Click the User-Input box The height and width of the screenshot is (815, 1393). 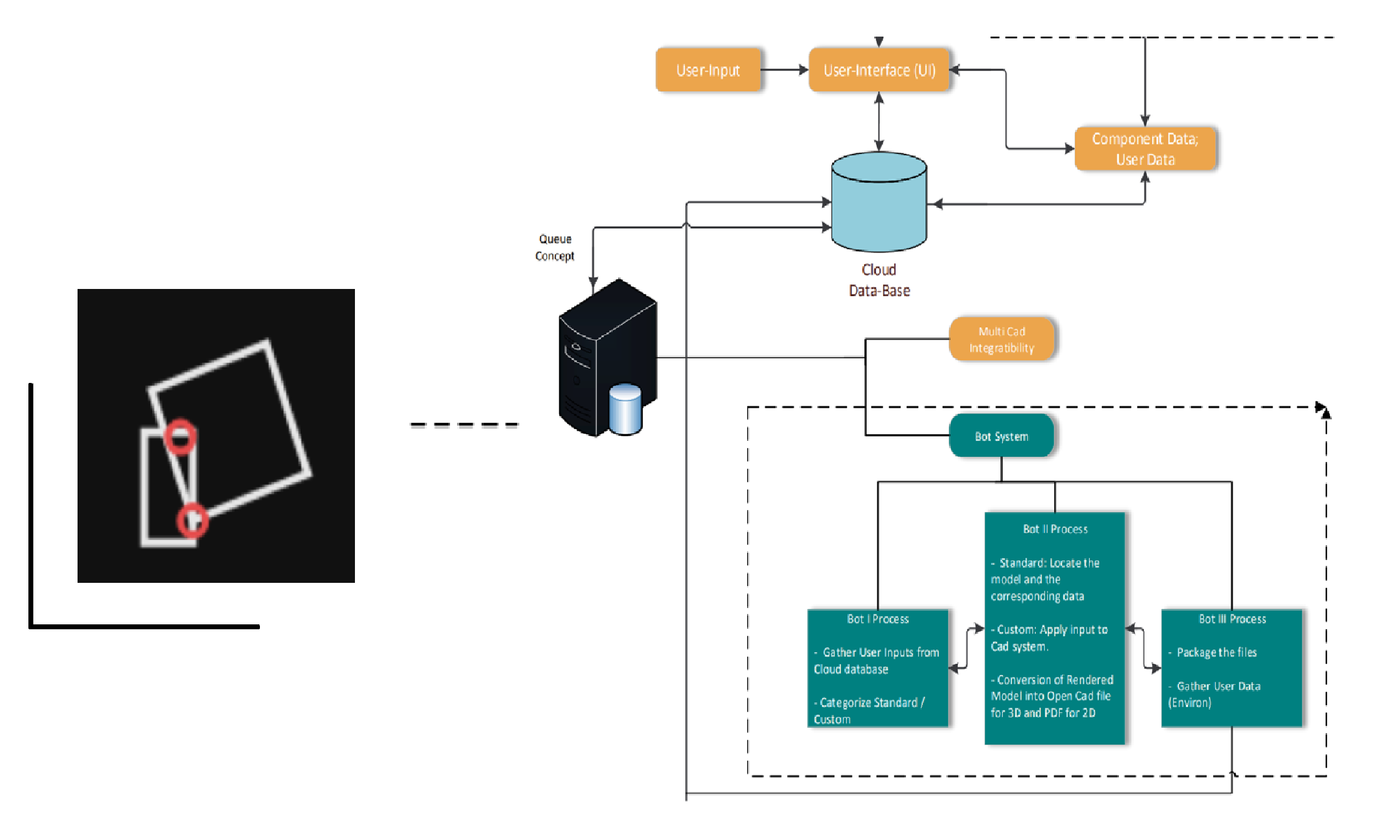(708, 70)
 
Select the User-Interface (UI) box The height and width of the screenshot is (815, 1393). (879, 70)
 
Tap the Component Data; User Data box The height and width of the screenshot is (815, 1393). (1145, 149)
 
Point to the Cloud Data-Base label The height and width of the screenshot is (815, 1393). (879, 280)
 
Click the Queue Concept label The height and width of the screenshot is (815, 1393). (554, 247)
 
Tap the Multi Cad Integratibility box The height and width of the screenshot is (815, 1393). (1001, 339)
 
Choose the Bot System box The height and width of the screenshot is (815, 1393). (1001, 436)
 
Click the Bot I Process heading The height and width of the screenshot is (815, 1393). (878, 619)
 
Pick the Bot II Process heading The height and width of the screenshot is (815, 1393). (1054, 529)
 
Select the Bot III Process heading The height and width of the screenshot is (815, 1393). (1231, 619)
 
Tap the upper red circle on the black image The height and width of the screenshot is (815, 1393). (180, 437)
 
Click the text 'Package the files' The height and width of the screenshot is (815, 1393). (1216, 652)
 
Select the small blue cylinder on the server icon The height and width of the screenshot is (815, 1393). (625, 410)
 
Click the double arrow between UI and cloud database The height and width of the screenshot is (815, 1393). (879, 122)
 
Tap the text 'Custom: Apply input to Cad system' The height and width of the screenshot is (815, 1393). (1048, 638)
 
